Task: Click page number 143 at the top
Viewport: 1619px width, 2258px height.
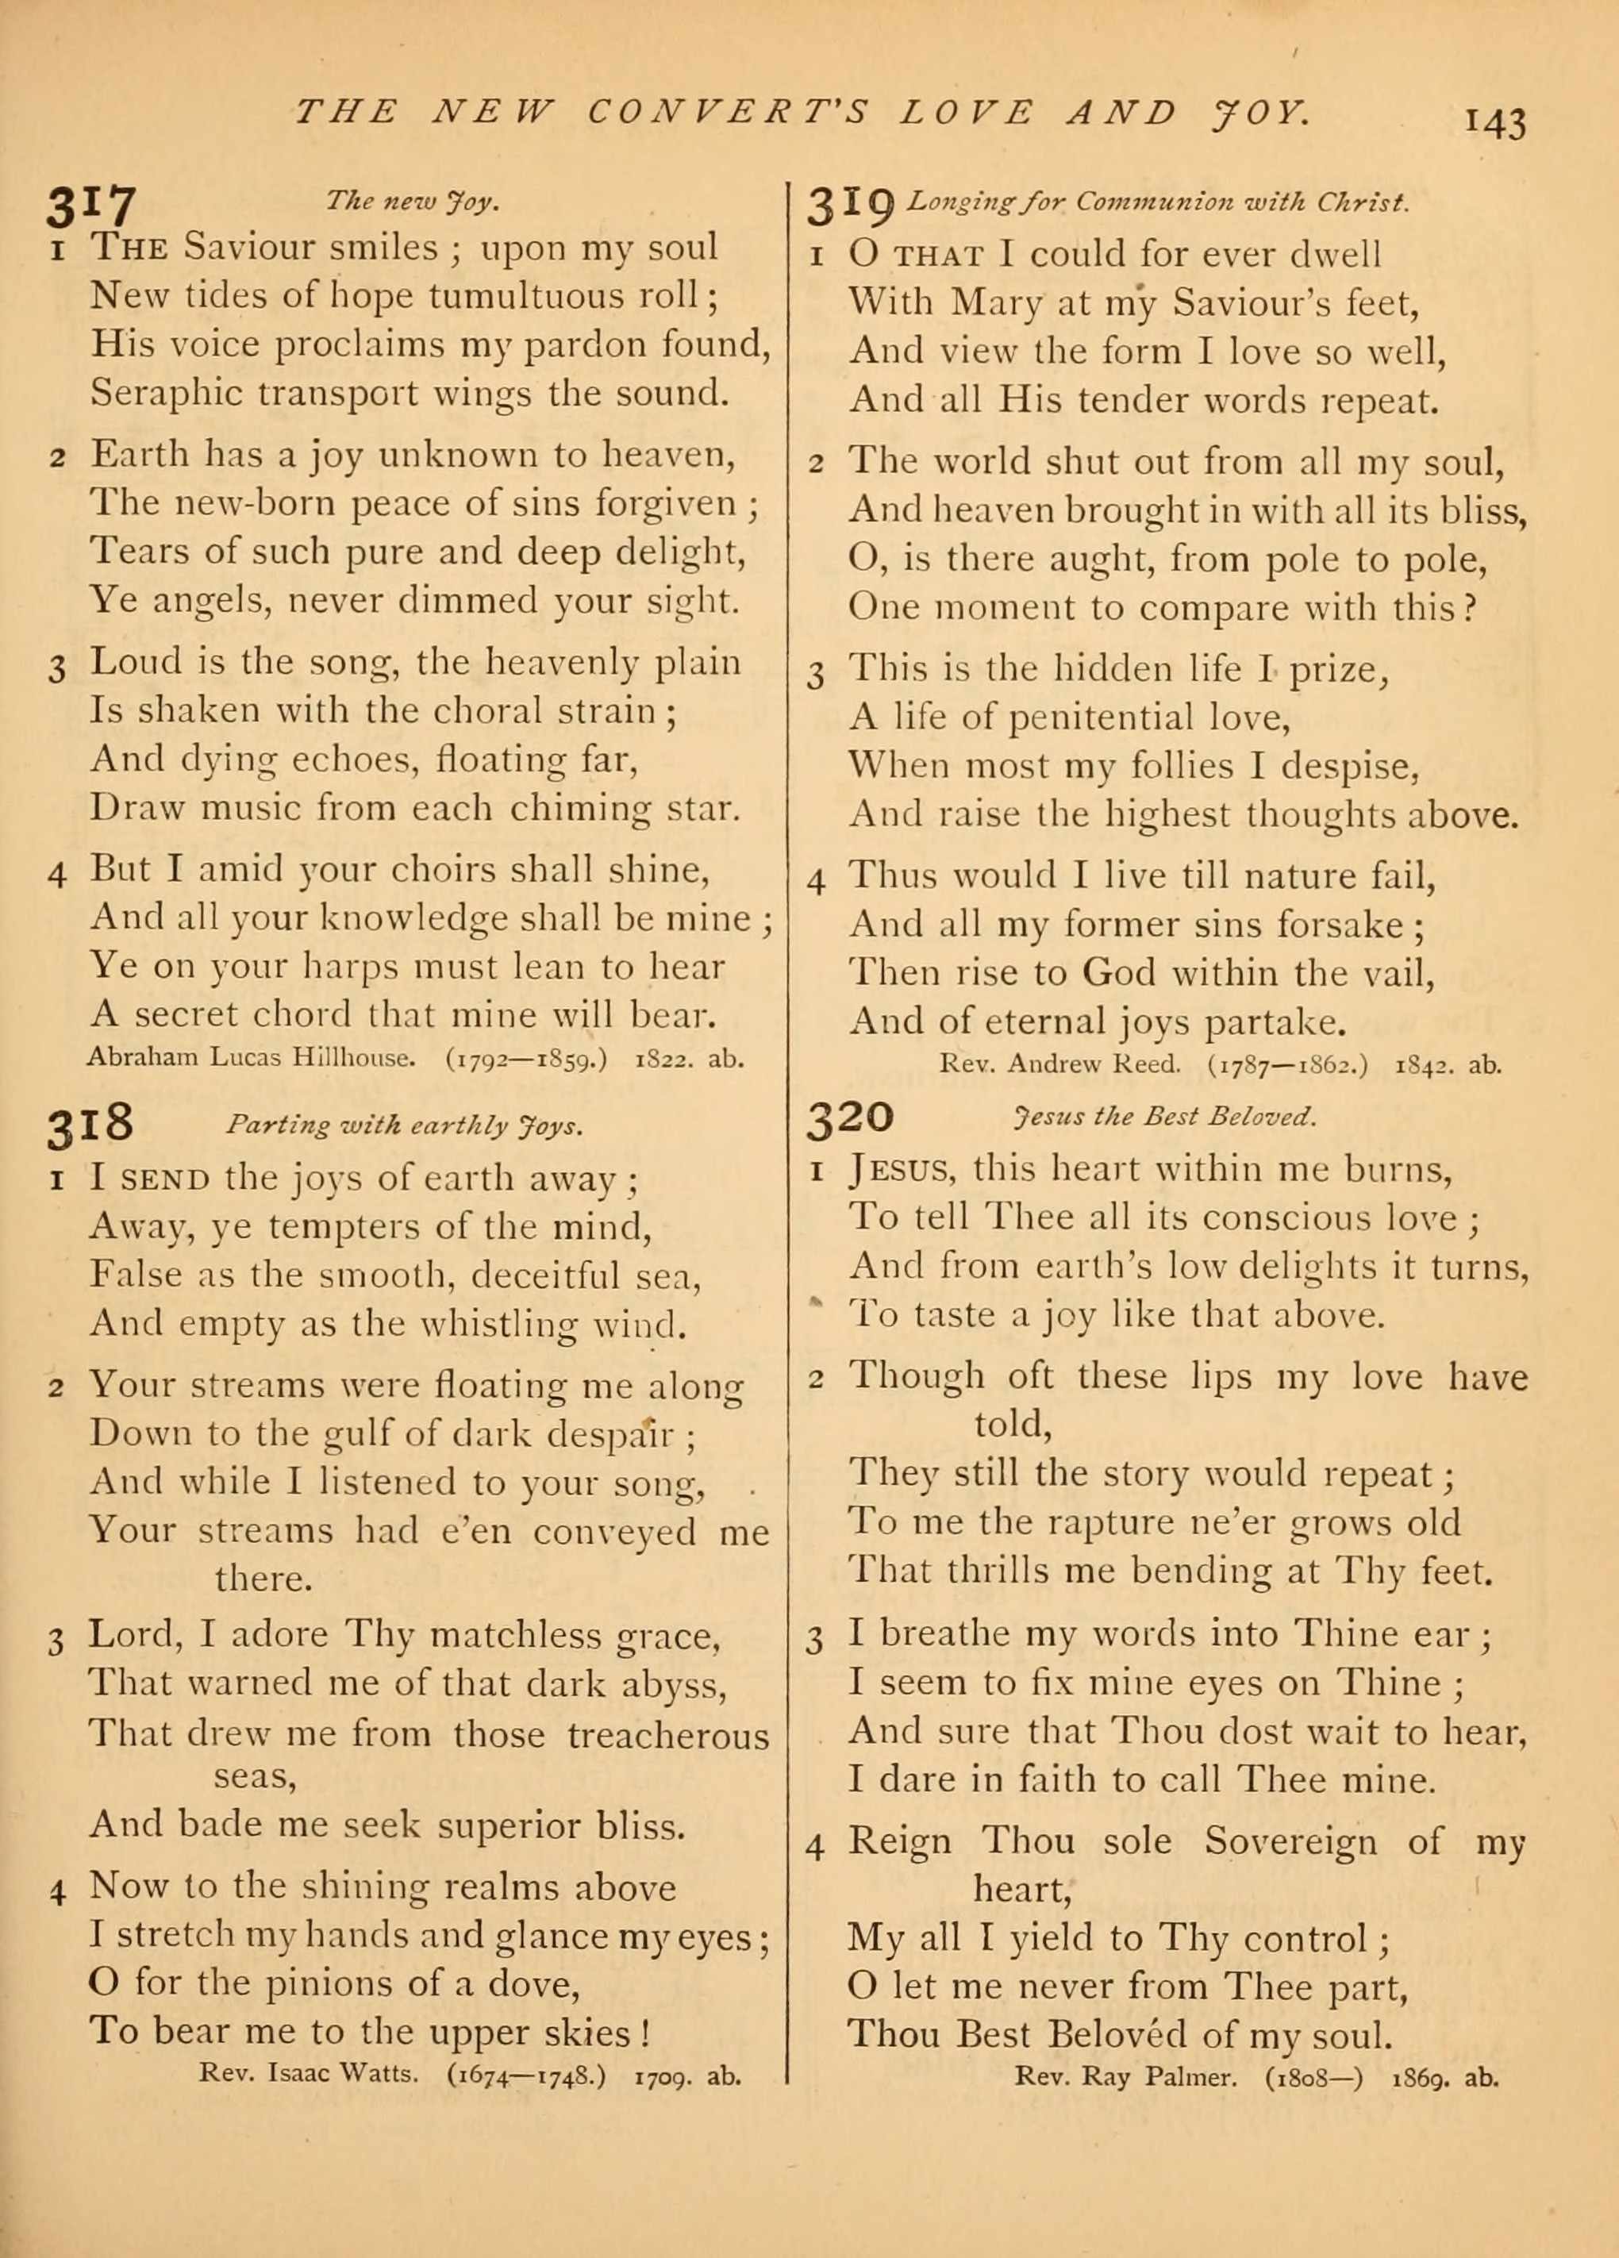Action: (x=1494, y=124)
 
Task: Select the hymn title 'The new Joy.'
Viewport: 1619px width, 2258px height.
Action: (x=412, y=202)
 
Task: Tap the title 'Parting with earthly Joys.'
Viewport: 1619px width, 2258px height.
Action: (x=404, y=1126)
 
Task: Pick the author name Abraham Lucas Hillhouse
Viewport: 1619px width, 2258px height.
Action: (x=250, y=1057)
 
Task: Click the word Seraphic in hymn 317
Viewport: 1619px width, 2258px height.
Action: (x=164, y=393)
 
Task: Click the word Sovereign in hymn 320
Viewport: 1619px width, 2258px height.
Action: (x=1290, y=1842)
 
